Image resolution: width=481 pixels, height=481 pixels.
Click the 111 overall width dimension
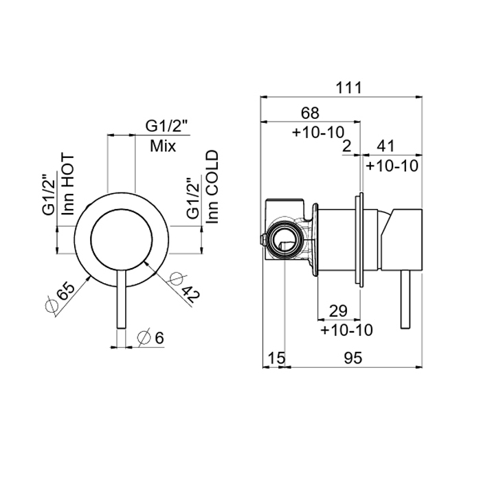[349, 88]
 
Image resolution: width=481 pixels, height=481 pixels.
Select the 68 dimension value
[310, 113]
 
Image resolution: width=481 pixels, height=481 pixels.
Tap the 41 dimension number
[385, 146]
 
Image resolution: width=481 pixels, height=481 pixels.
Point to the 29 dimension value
[338, 311]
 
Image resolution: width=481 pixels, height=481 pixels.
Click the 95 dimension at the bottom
[353, 358]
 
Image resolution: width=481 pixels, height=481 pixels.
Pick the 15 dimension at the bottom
[277, 358]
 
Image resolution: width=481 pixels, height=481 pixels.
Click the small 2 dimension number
[346, 146]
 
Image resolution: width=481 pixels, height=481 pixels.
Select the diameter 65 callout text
[60, 297]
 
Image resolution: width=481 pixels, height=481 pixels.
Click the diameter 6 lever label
[151, 338]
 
